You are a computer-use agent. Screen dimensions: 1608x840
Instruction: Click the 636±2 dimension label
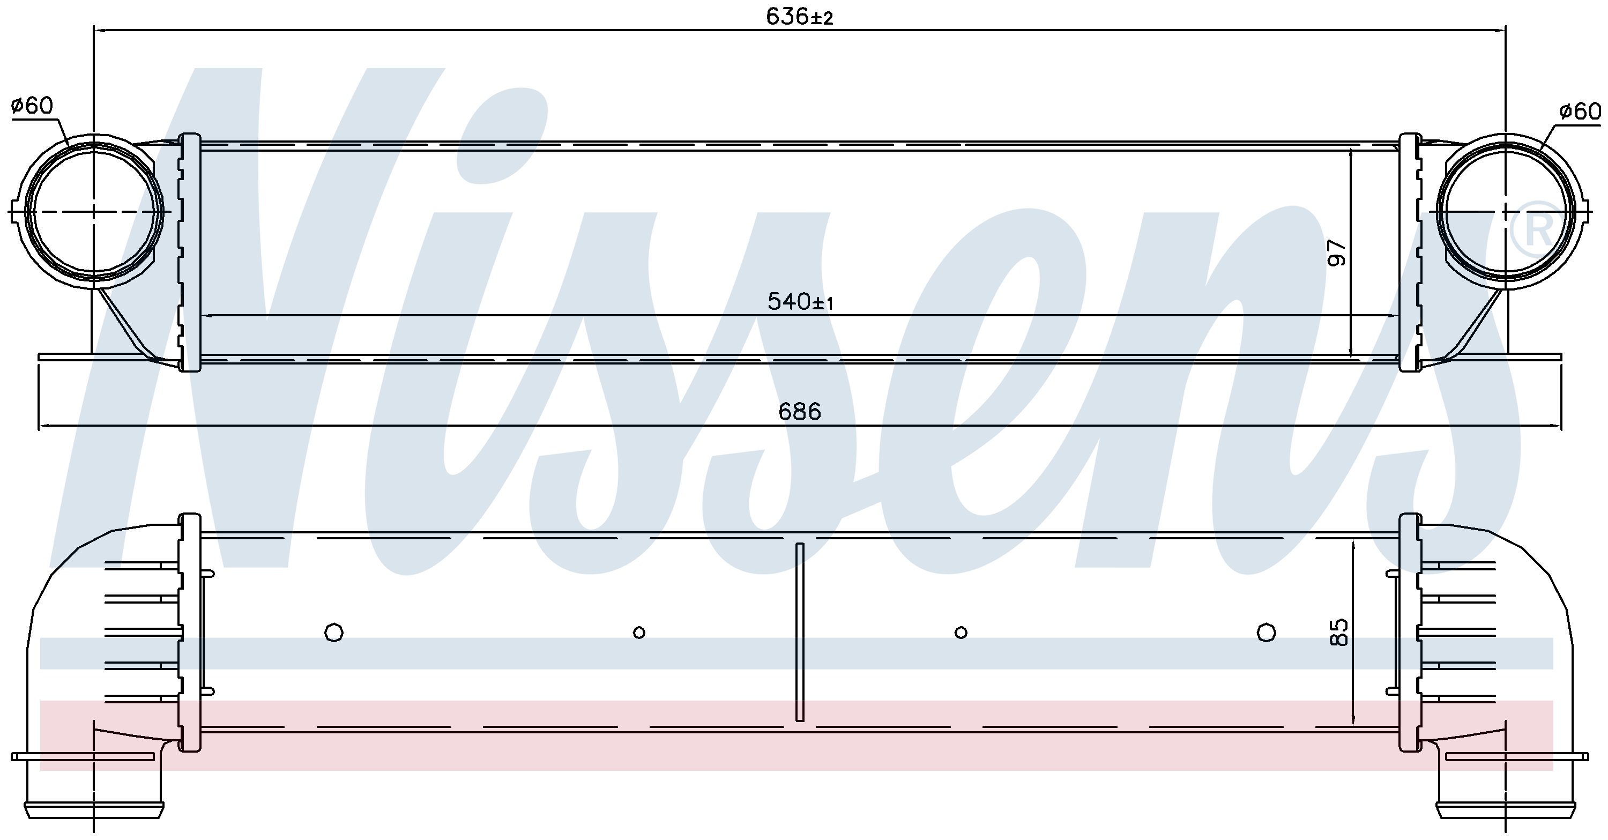pyautogui.click(x=800, y=17)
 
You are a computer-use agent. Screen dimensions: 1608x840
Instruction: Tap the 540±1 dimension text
pyautogui.click(x=801, y=302)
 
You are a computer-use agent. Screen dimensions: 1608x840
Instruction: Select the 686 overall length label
pyautogui.click(x=800, y=412)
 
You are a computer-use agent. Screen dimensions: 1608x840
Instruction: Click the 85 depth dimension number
pyautogui.click(x=1338, y=631)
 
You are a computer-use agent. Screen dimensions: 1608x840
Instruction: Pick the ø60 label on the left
pyautogui.click(x=33, y=106)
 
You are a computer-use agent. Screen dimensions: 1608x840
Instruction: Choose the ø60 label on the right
pyautogui.click(x=1579, y=111)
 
